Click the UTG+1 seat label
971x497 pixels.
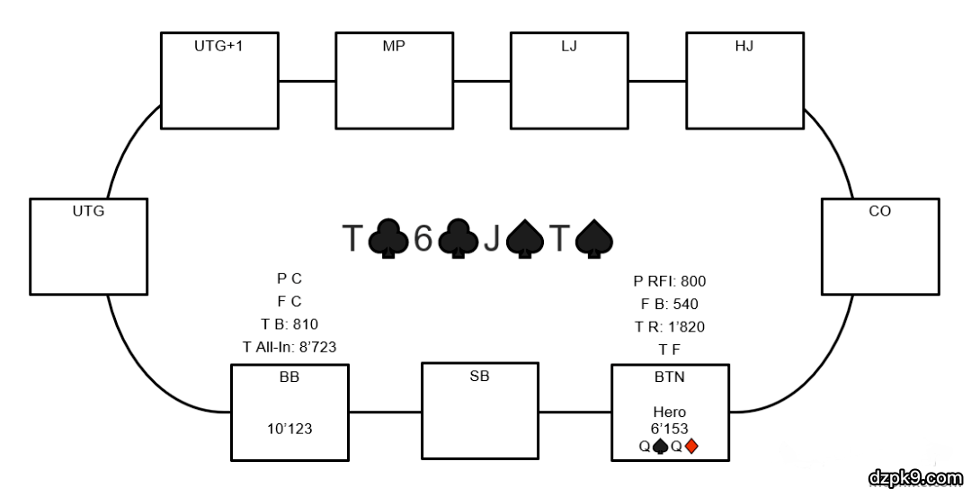(x=218, y=46)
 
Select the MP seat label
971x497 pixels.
(x=394, y=46)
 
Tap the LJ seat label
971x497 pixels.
(x=569, y=46)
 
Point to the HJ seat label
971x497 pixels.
(x=744, y=46)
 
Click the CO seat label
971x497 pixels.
(x=879, y=212)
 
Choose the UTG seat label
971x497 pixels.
(x=88, y=212)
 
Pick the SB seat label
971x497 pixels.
(x=480, y=377)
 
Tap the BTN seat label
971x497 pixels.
(x=669, y=377)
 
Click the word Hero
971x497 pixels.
(x=669, y=412)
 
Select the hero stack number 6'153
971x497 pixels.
(x=669, y=429)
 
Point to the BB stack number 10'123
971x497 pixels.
(x=290, y=429)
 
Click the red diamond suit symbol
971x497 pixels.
(x=691, y=446)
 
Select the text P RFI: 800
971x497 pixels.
(x=669, y=281)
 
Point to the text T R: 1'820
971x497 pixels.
(x=669, y=326)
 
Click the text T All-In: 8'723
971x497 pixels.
(x=290, y=346)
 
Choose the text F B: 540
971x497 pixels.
(x=669, y=304)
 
